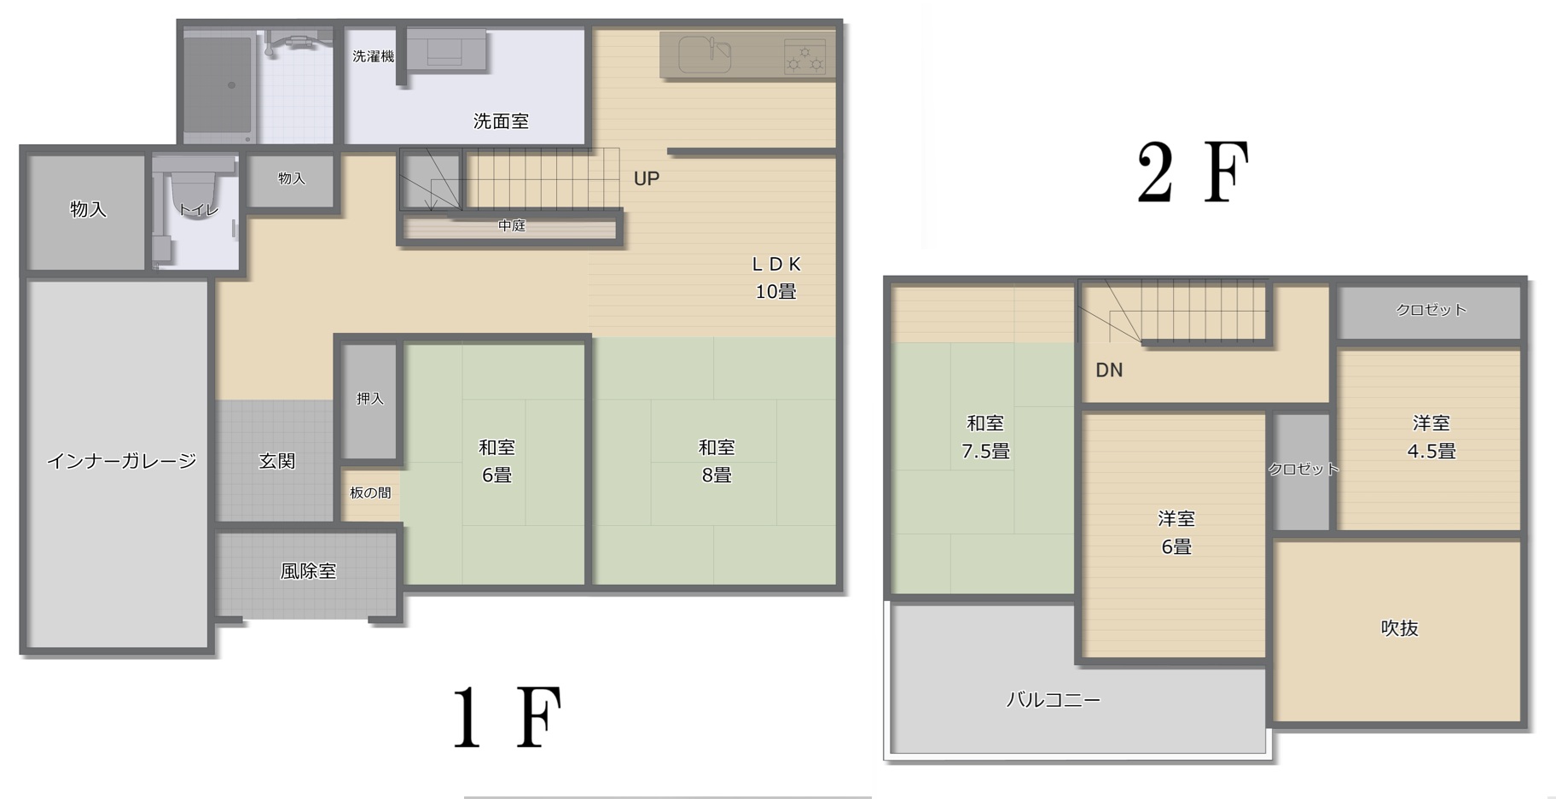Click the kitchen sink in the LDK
coord(705,55)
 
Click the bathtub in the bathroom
coord(218,85)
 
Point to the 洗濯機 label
coord(374,56)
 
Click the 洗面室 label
coord(501,121)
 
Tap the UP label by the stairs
coord(646,178)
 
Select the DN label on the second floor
coord(1109,370)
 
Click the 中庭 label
coord(512,225)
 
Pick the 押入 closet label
coord(370,399)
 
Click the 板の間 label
coord(370,493)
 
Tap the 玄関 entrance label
coord(276,461)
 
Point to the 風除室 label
coord(309,571)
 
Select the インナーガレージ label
coord(121,461)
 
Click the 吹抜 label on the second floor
coord(1399,628)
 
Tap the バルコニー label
coord(1054,700)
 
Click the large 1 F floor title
coord(507,719)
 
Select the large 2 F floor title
coord(1193,172)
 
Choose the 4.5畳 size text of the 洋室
coord(1431,451)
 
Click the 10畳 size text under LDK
coord(775,292)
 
